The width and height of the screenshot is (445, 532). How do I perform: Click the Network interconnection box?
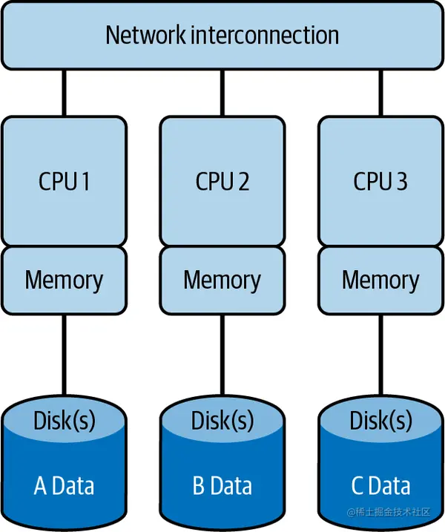[x=222, y=36]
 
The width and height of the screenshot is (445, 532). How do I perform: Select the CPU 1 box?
[x=64, y=181]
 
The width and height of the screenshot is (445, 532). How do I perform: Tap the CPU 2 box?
[x=222, y=181]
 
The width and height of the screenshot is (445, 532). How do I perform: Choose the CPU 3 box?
[x=380, y=181]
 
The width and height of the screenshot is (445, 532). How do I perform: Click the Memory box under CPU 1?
[x=64, y=280]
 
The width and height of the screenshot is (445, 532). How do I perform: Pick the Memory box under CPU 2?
[x=222, y=280]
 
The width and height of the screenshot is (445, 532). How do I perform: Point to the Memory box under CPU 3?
[x=380, y=280]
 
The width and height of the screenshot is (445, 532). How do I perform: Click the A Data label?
[x=64, y=486]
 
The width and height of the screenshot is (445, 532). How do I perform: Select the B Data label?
[x=222, y=486]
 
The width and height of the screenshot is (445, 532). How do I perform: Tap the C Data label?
[x=380, y=486]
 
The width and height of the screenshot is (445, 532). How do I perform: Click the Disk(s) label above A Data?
[x=64, y=421]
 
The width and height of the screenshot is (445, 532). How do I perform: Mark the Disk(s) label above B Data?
[x=222, y=421]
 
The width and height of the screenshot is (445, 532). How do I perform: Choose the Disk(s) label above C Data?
[x=380, y=421]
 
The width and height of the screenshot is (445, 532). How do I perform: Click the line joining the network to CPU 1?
[x=64, y=92]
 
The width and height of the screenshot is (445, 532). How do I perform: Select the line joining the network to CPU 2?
[x=222, y=92]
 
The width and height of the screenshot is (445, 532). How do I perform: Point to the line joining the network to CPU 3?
[x=380, y=92]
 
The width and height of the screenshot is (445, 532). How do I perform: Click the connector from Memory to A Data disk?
[x=64, y=352]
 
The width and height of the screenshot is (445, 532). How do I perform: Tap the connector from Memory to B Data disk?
[x=222, y=352]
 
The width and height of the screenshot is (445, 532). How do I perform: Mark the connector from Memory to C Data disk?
[x=380, y=352]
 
